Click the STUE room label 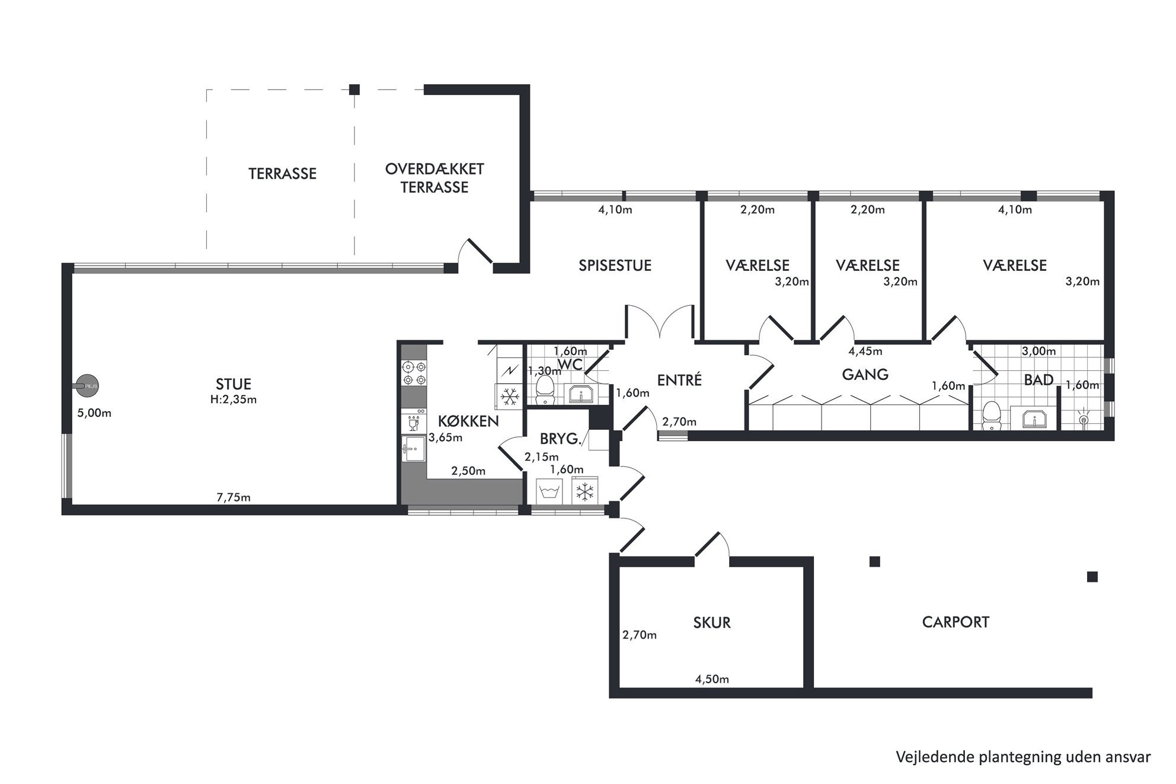[234, 384]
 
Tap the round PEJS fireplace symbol [87, 386]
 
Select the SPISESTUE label [615, 265]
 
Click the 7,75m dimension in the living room [234, 497]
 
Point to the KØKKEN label [468, 421]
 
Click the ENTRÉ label [679, 380]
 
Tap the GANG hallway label [865, 375]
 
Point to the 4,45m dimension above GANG [865, 351]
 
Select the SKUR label [712, 623]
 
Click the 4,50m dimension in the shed [712, 679]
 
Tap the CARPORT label [955, 622]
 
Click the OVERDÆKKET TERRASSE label [434, 178]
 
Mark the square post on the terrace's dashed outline [354, 90]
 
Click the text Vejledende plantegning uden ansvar [1023, 757]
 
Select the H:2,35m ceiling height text [234, 399]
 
